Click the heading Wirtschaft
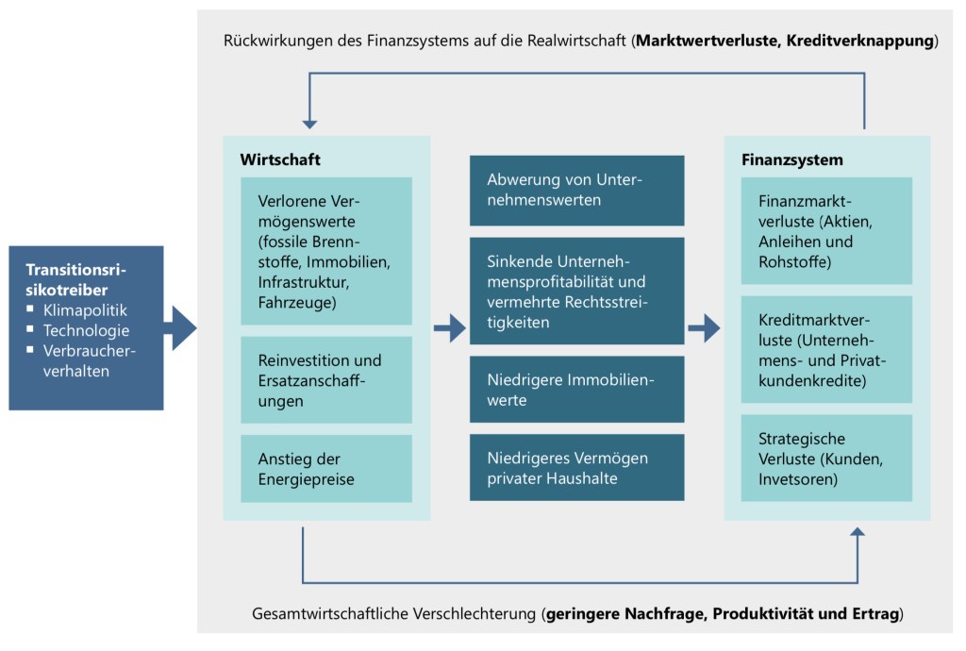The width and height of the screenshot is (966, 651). click(x=280, y=159)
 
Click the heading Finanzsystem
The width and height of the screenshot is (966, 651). click(x=792, y=159)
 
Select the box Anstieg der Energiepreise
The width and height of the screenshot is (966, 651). click(x=326, y=468)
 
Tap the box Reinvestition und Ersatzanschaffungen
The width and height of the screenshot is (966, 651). click(x=326, y=380)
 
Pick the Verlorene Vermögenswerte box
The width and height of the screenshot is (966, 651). click(x=326, y=251)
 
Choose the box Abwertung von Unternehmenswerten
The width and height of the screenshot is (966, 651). click(x=576, y=190)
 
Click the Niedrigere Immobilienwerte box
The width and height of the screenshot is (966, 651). click(x=576, y=391)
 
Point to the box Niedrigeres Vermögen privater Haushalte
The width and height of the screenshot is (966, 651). click(x=576, y=468)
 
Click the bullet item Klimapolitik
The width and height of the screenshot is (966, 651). click(x=85, y=309)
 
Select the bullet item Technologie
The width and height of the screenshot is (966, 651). click(x=86, y=330)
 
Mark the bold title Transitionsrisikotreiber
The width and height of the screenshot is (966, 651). click(x=76, y=279)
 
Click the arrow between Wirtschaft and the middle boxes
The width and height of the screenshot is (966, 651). click(x=450, y=328)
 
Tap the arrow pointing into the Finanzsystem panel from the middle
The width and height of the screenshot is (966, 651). click(x=704, y=328)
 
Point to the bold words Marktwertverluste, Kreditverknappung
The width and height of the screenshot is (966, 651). click(x=785, y=42)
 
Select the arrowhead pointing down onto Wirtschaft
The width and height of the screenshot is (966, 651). click(x=309, y=125)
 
